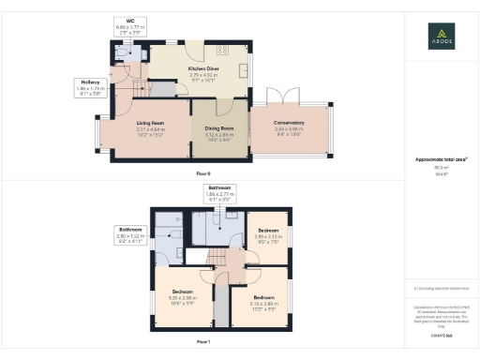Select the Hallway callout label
(x=92, y=88)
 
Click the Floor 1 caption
(x=203, y=342)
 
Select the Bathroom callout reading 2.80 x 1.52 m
(x=129, y=233)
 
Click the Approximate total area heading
(x=441, y=160)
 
